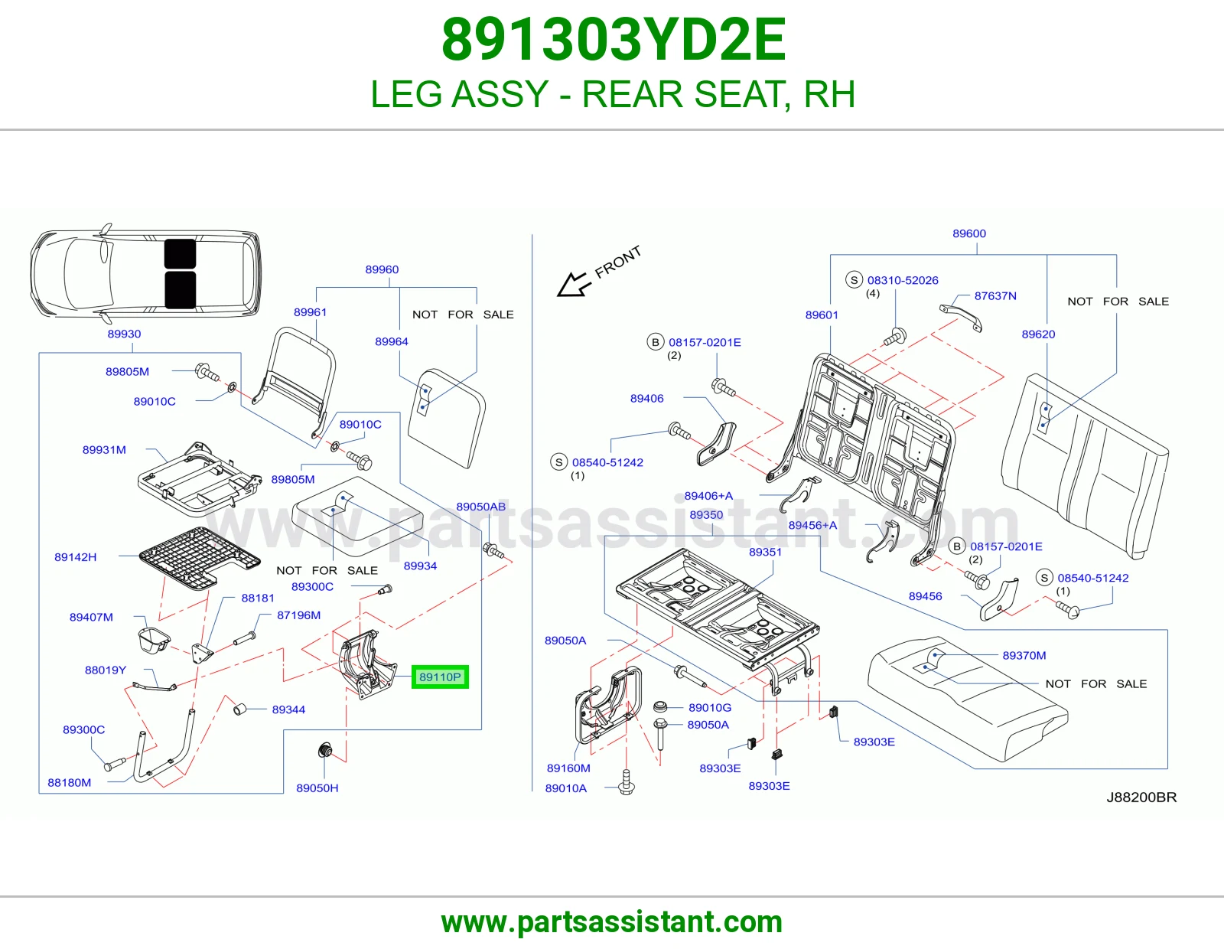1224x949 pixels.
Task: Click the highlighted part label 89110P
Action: pos(440,677)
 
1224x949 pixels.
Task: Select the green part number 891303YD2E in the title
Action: pos(614,40)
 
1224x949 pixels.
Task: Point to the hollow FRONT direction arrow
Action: pos(574,284)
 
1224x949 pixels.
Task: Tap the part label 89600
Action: pos(968,233)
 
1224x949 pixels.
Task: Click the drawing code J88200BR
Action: pos(1141,797)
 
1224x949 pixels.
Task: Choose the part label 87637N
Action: pos(995,296)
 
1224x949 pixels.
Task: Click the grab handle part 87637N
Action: pos(960,317)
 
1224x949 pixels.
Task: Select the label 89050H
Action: pos(317,788)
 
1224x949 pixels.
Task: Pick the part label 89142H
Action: pos(76,557)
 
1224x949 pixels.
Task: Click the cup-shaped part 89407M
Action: pos(153,640)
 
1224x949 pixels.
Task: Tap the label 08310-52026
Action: pos(903,280)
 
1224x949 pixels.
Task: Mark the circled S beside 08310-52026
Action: pos(854,280)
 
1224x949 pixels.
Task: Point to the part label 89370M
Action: pos(1024,655)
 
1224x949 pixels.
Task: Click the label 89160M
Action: pos(568,768)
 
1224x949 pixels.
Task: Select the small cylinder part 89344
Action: pos(240,709)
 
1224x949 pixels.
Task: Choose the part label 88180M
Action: pos(70,783)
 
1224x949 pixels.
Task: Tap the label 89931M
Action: pos(104,450)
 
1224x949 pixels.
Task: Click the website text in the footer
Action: pos(612,922)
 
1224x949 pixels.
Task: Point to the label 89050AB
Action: pos(481,507)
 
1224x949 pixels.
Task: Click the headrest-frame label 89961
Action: pos(310,312)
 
